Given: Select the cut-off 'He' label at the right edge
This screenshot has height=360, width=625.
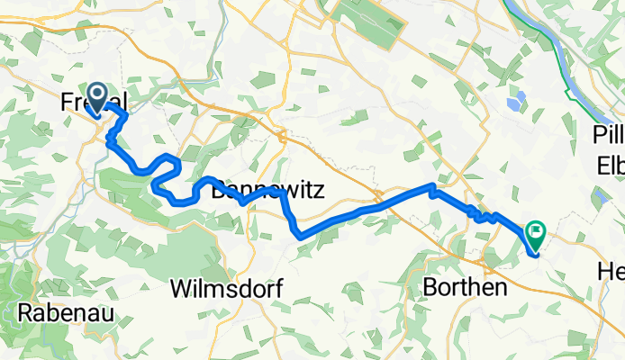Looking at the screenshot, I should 611,270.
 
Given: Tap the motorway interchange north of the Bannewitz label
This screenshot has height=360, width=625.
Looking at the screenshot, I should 281,137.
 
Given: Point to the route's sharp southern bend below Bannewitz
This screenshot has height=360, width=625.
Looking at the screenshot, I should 298,237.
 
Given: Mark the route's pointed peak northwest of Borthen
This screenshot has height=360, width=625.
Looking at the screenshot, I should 434,186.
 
